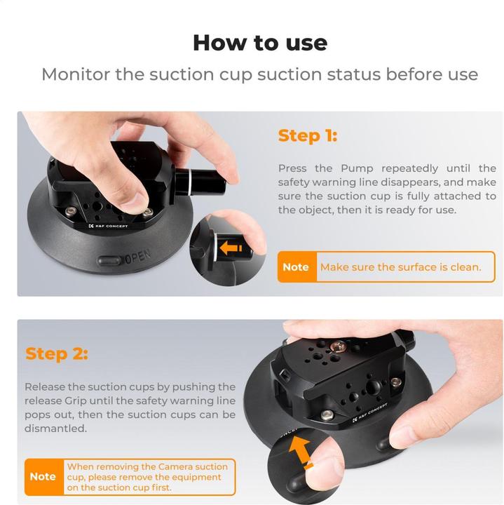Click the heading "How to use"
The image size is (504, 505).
[260, 43]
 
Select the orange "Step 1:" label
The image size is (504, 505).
[307, 135]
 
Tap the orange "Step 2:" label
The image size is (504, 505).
[57, 353]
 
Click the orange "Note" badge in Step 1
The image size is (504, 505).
[296, 267]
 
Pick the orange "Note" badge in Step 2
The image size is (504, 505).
[43, 476]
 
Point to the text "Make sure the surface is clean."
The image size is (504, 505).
[400, 267]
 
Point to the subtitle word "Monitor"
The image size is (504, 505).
[76, 74]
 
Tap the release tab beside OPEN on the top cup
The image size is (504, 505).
[110, 260]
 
